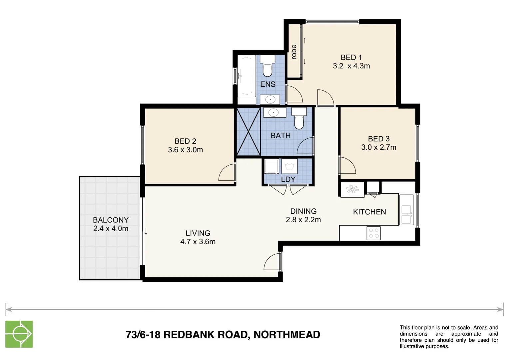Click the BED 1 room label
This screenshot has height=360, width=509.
pyautogui.click(x=351, y=58)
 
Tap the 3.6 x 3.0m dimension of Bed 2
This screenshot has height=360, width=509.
pyautogui.click(x=185, y=150)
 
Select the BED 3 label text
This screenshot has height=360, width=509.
pyautogui.click(x=378, y=139)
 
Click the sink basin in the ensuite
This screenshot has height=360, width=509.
pyautogui.click(x=270, y=99)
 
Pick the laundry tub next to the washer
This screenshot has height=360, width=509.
pyautogui.click(x=289, y=166)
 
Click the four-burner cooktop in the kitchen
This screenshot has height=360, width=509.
pyautogui.click(x=373, y=233)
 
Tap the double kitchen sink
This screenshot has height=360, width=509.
pyautogui.click(x=406, y=214)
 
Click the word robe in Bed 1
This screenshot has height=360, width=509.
pyautogui.click(x=294, y=52)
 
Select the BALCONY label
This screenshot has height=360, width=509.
pyautogui.click(x=111, y=220)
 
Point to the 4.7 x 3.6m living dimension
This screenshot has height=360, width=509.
pyautogui.click(x=198, y=242)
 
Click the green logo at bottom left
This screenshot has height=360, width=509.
pyautogui.click(x=19, y=334)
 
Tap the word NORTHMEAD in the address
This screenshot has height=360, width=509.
pyautogui.click(x=287, y=334)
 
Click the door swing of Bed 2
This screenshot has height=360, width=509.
pyautogui.click(x=227, y=173)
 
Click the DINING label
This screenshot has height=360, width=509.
pyautogui.click(x=303, y=211)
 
